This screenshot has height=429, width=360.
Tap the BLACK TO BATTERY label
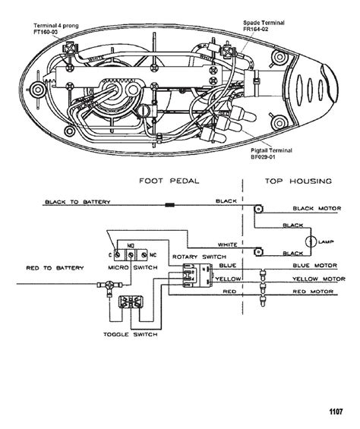click(78, 203)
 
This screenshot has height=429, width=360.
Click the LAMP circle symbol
click(310, 241)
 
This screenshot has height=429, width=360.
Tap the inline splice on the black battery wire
click(171, 206)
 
